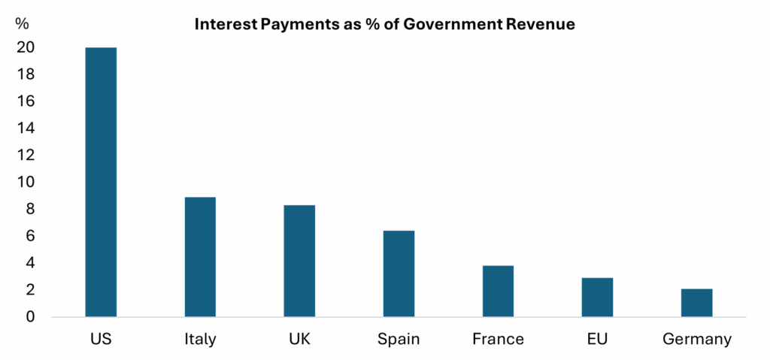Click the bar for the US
[x=101, y=182]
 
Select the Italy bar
[x=200, y=256]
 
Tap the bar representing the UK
[x=299, y=260]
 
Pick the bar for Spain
[x=399, y=273]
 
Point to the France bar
[x=498, y=291]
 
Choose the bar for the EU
[x=597, y=297]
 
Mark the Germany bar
[x=696, y=302]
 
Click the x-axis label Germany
[x=696, y=339]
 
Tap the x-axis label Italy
[x=200, y=339]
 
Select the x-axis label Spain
[x=399, y=339]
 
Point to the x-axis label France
[x=498, y=339]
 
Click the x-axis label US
[x=101, y=339]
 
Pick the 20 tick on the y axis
[x=26, y=47]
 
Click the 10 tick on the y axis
[x=26, y=182]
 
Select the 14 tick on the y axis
[x=26, y=129]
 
